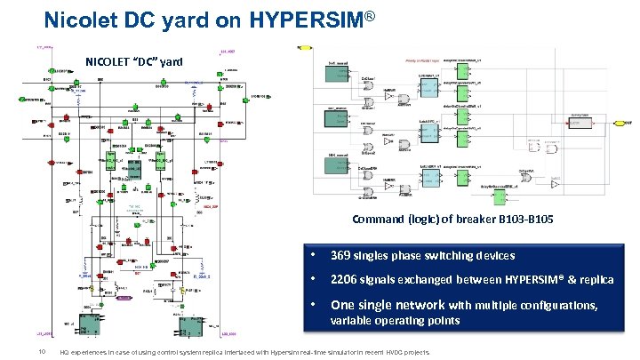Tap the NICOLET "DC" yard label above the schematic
[x=134, y=61]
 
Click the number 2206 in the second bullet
[x=346, y=279]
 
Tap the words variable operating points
[x=395, y=320]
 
